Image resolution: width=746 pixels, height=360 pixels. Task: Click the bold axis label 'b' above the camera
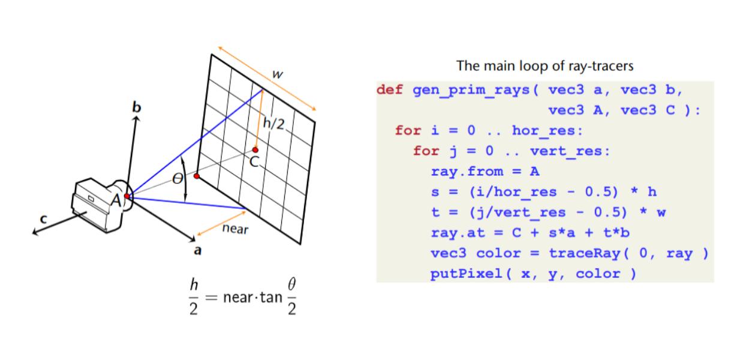click(137, 107)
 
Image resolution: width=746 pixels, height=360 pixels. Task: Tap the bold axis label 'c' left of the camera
click(43, 220)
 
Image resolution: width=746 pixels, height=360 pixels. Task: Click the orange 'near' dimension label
click(235, 229)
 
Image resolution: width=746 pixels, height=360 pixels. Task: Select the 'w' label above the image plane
click(277, 74)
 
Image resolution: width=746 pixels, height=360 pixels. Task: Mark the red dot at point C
click(255, 149)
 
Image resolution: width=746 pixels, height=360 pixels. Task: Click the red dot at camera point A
click(127, 196)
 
